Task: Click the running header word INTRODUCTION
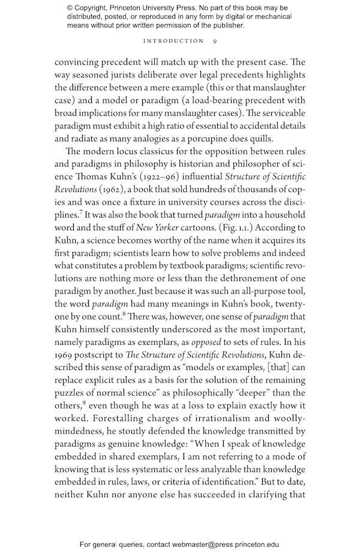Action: click(x=173, y=41)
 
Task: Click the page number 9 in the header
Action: click(x=215, y=41)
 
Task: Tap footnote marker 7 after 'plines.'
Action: click(x=82, y=212)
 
